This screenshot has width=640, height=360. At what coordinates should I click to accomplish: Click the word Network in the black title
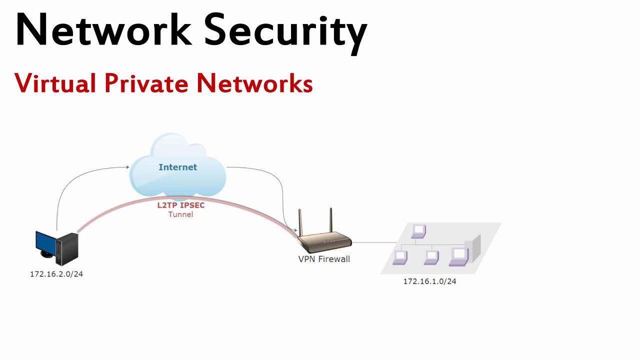tap(103, 29)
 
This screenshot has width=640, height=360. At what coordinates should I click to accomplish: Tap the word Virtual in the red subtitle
tap(55, 83)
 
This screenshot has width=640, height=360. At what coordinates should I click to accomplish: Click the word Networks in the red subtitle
tap(255, 83)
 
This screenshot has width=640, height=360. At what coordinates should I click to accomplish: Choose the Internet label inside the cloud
tap(177, 167)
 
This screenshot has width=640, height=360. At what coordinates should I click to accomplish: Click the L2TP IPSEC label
tap(181, 205)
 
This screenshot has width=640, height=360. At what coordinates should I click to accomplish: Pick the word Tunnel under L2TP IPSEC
tap(180, 214)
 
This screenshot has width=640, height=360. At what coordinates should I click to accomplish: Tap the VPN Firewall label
tap(324, 259)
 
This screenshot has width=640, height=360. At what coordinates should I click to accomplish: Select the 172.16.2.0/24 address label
tap(56, 274)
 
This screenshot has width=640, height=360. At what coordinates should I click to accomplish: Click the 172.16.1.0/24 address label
tap(429, 281)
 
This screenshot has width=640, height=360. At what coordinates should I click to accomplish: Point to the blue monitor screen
tap(45, 243)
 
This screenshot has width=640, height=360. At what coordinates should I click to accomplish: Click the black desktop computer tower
tap(67, 249)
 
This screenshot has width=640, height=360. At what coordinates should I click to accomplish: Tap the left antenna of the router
tap(300, 222)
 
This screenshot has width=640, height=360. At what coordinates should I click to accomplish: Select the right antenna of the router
tap(331, 220)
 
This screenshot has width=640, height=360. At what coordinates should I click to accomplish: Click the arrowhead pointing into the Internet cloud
tap(127, 167)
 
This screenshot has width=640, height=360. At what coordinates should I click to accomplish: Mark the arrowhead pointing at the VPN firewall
tap(295, 230)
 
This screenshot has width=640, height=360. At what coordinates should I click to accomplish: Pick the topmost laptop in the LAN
tap(418, 231)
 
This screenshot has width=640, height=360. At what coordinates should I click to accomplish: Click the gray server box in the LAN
tap(473, 248)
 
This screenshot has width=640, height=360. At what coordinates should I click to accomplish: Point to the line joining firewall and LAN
tap(374, 242)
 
